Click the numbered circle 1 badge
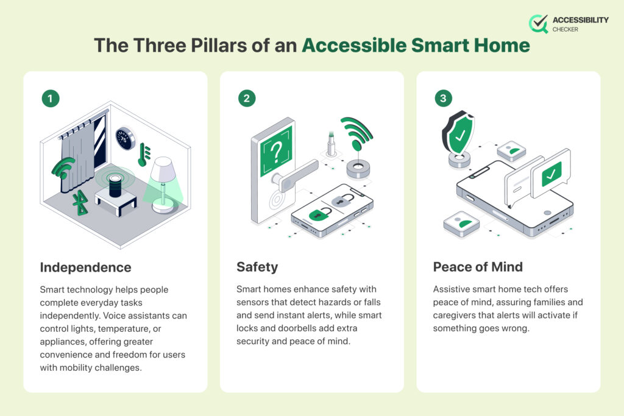[x=51, y=98]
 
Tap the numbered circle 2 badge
[x=247, y=98]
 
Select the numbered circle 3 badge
[x=443, y=98]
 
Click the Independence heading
[x=85, y=267]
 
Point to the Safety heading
[x=257, y=267]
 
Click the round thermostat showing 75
[x=126, y=139]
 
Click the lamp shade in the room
[x=163, y=169]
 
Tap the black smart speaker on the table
[x=115, y=185]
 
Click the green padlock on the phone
[x=320, y=214]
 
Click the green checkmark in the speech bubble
[x=551, y=173]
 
